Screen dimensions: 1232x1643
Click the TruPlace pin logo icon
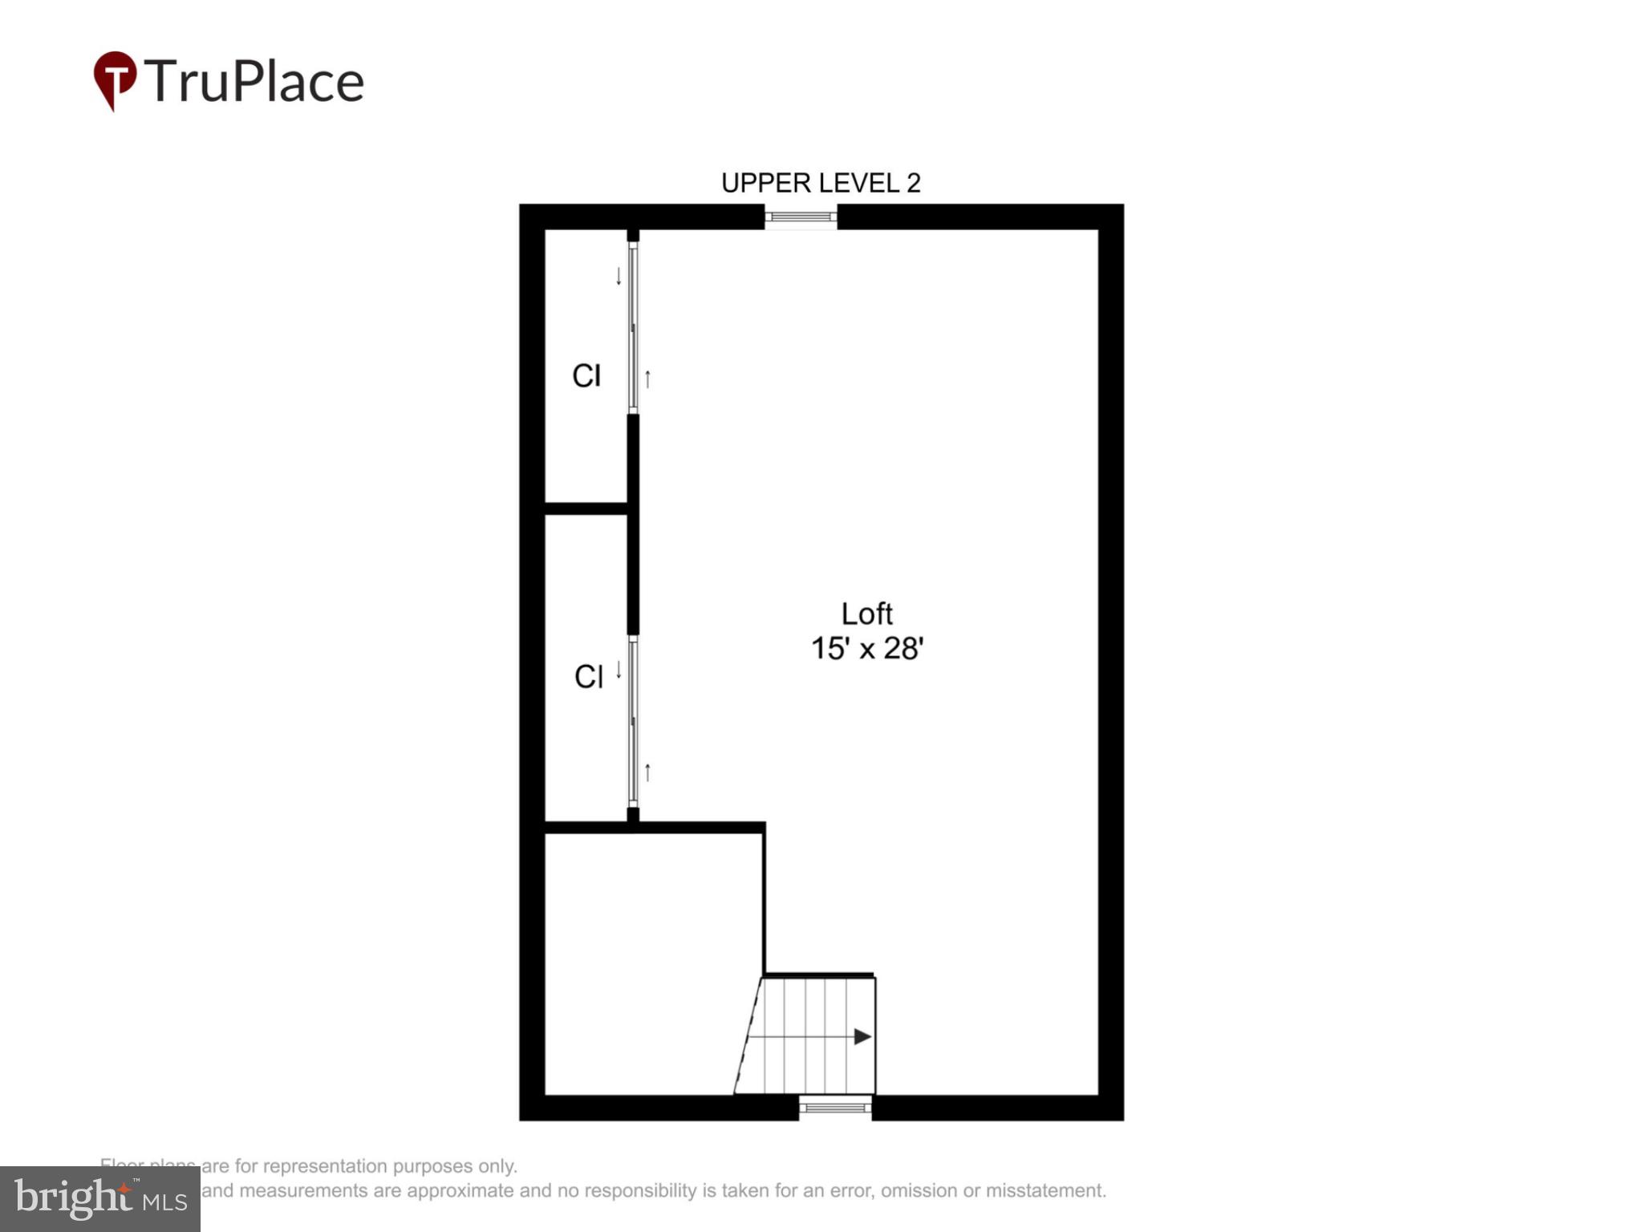pos(115,79)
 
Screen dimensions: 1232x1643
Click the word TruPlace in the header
pos(254,82)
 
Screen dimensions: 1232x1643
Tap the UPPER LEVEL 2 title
pos(821,184)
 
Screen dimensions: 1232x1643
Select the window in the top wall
pos(800,217)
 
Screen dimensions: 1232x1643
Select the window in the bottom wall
pos(835,1108)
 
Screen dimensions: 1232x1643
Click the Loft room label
pos(866,614)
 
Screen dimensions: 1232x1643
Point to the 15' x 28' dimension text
pos(867,649)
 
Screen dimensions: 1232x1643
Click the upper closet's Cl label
pos(586,376)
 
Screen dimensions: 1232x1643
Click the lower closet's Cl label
pos(588,677)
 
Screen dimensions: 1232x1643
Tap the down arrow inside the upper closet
pos(619,277)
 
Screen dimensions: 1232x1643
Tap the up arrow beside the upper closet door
pos(647,379)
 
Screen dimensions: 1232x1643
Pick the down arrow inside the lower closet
pos(619,670)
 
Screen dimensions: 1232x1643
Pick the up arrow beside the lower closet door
pos(647,772)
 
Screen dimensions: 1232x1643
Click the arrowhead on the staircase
pos(862,1037)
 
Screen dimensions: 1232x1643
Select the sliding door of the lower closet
pos(633,722)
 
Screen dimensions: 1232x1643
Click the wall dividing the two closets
pos(586,509)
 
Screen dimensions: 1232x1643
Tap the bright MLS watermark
pos(100,1199)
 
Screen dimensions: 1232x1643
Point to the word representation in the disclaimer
pos(327,1166)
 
